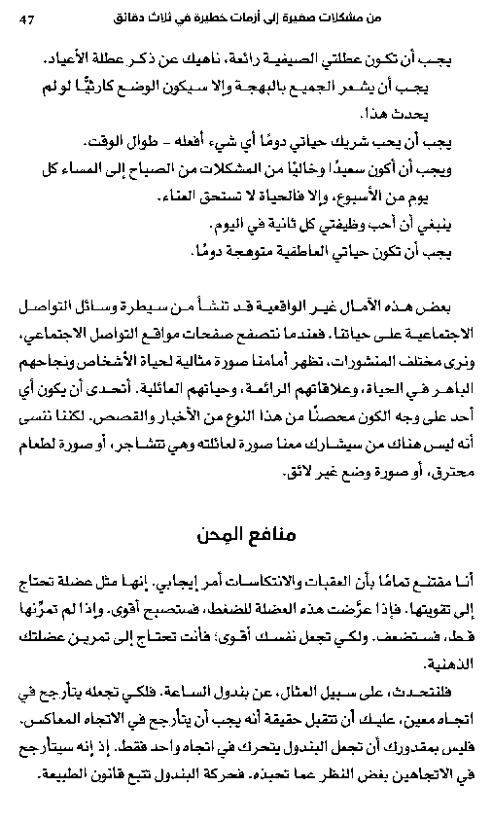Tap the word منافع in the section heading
coord(271,535)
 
